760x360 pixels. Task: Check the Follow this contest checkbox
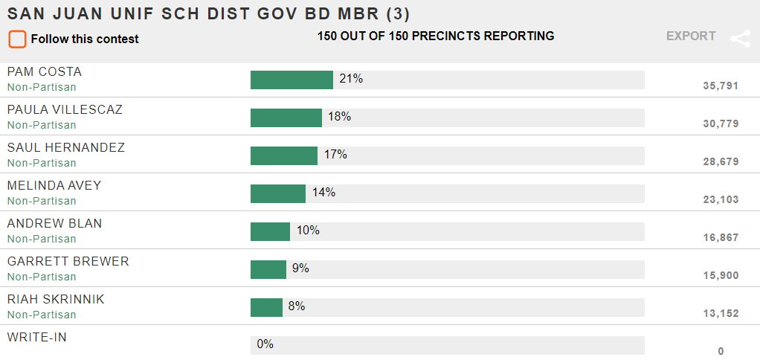click(17, 39)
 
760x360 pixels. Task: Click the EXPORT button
click(691, 36)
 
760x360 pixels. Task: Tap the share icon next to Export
click(740, 39)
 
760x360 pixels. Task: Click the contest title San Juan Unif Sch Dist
click(208, 13)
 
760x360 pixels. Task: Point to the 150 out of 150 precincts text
click(436, 36)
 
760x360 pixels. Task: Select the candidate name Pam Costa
click(45, 72)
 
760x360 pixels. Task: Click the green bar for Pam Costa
click(292, 80)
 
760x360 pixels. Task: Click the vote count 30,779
click(720, 123)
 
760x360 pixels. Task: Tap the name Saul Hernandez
click(66, 148)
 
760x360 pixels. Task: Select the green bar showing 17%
click(283, 155)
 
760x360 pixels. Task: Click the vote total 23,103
click(720, 199)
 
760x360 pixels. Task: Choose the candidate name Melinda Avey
click(54, 186)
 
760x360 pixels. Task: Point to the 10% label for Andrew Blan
click(308, 231)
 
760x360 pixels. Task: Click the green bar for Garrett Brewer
click(268, 269)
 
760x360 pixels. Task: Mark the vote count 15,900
click(720, 275)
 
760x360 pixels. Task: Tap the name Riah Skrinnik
click(56, 300)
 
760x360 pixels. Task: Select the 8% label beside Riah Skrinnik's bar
click(296, 306)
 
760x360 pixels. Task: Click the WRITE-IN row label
click(37, 338)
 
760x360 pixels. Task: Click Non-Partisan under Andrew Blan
click(42, 239)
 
